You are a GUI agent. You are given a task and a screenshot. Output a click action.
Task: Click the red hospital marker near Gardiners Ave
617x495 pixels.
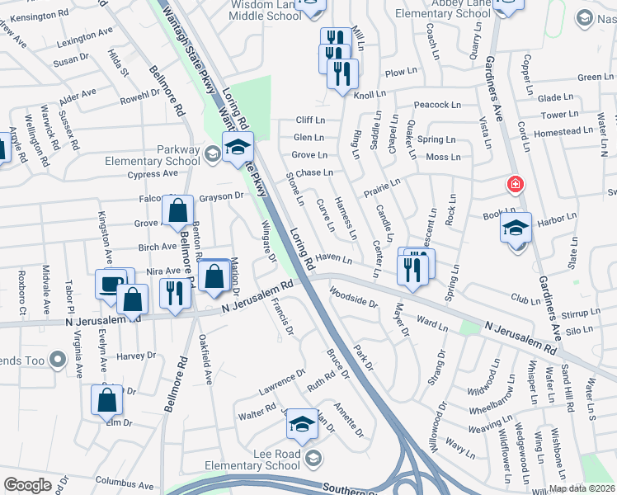point(516,184)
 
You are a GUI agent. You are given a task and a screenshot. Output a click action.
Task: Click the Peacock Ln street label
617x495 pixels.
point(437,105)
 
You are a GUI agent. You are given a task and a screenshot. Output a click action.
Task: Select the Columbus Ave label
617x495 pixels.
point(125,482)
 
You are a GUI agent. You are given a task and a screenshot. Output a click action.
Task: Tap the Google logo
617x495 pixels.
point(27,485)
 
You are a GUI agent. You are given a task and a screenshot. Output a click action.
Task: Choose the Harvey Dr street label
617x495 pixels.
point(135,356)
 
